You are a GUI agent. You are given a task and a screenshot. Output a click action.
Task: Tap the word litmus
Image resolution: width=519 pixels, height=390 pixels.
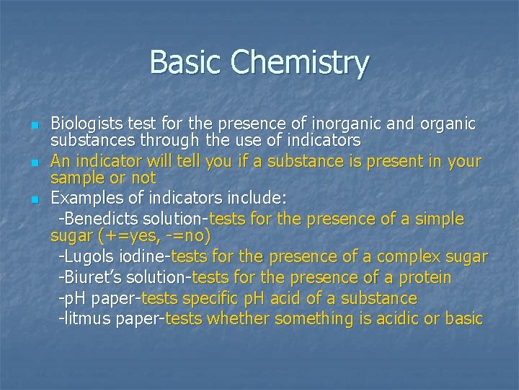pos(86,318)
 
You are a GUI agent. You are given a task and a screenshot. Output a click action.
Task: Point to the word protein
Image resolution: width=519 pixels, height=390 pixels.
pos(424,277)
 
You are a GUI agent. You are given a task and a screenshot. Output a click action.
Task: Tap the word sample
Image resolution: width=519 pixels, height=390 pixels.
pos(74,178)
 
